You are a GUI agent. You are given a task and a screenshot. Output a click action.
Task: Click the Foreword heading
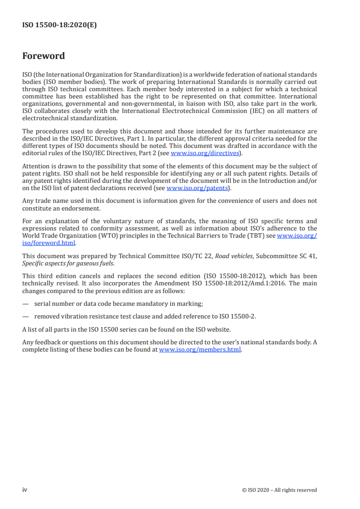pos(44,56)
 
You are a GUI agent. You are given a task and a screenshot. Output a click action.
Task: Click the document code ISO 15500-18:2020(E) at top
pos(59,25)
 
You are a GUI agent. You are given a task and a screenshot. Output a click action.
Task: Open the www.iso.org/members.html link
pos(200,350)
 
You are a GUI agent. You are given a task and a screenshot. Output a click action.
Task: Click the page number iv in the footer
pos(25,490)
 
